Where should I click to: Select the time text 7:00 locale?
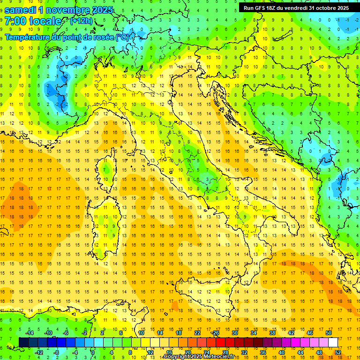pyautogui.click(x=33, y=21)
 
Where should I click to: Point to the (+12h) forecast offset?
pyautogui.click(x=81, y=21)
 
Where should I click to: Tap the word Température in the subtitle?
pyautogui.click(x=28, y=37)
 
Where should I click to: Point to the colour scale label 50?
pyautogui.click(x=329, y=333)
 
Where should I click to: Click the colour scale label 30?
pyautogui.click(x=235, y=333)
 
